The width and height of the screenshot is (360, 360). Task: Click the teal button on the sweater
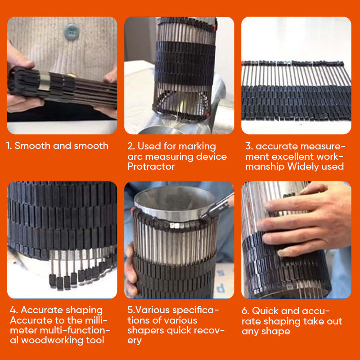click(x=72, y=31)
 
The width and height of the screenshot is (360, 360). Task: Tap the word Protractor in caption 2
click(x=151, y=166)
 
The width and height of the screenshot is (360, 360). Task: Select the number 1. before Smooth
click(x=9, y=145)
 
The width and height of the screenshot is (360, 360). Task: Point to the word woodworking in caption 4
click(x=52, y=340)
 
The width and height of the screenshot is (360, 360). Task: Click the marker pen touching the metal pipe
click(x=216, y=206)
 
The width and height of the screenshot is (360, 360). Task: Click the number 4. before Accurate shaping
click(x=13, y=310)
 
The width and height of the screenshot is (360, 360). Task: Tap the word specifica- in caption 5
click(x=196, y=310)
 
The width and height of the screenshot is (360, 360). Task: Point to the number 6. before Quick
click(x=245, y=310)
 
